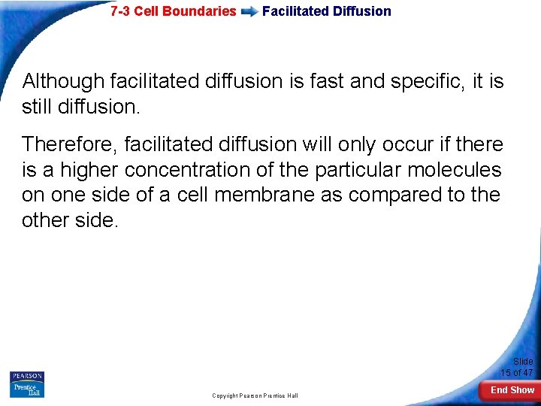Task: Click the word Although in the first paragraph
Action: click(x=63, y=81)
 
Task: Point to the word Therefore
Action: click(x=72, y=144)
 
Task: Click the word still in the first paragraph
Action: click(x=37, y=107)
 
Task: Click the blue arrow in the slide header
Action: click(x=249, y=12)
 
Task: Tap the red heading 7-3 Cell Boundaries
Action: click(x=173, y=11)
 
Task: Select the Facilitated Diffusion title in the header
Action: click(x=326, y=11)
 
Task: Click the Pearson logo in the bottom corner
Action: click(x=27, y=377)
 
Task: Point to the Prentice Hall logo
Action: click(x=27, y=390)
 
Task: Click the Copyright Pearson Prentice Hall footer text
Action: click(x=255, y=395)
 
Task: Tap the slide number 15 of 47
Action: click(x=517, y=372)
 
